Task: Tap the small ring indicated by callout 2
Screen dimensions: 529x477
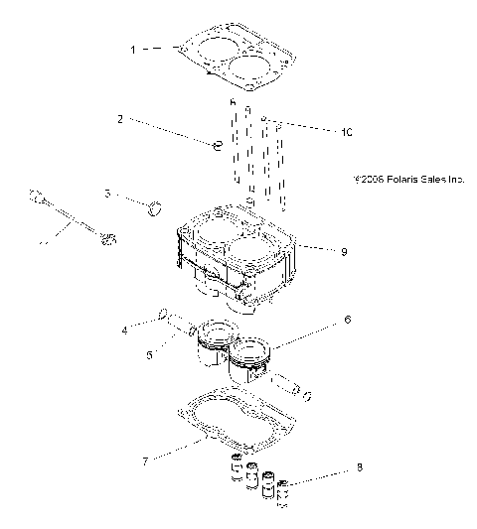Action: tap(214, 146)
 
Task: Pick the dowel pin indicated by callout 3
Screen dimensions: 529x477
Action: tap(154, 207)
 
